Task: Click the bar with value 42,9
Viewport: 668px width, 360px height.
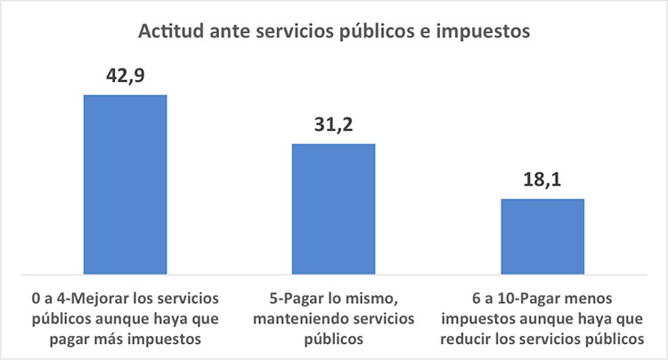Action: click(126, 184)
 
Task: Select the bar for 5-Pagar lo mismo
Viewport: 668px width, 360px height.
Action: click(334, 209)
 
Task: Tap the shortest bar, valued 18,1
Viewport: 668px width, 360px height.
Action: click(542, 236)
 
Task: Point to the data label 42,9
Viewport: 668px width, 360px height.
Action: click(126, 76)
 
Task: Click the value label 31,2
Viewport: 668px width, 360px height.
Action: click(334, 125)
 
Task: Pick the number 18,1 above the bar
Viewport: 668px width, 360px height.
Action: click(542, 179)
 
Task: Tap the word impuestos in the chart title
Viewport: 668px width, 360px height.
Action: click(483, 32)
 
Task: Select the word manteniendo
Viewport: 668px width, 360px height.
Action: click(292, 319)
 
